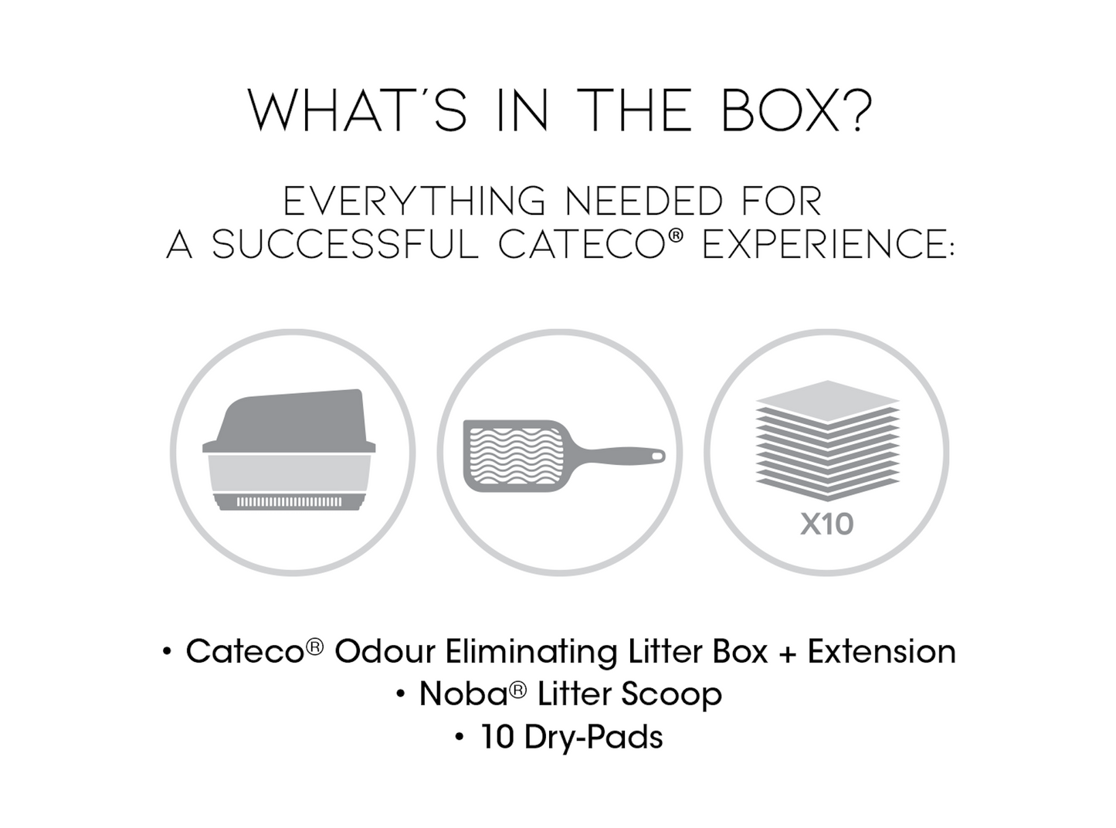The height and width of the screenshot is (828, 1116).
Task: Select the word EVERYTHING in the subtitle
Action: pos(414,202)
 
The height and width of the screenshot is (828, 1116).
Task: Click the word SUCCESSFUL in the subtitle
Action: pos(345,245)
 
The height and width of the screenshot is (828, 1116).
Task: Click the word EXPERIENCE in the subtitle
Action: pos(823,245)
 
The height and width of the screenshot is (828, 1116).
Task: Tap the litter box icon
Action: pos(289,451)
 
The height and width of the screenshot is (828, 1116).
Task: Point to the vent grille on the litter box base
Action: pos(289,502)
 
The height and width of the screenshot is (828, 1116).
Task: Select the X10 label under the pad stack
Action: pos(826,524)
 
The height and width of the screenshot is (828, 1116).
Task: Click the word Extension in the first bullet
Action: pos(881,651)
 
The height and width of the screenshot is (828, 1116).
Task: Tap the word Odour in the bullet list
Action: pos(385,651)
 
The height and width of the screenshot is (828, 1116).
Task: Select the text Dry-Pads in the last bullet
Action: pos(593,737)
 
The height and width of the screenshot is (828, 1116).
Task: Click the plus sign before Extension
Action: pos(787,653)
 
